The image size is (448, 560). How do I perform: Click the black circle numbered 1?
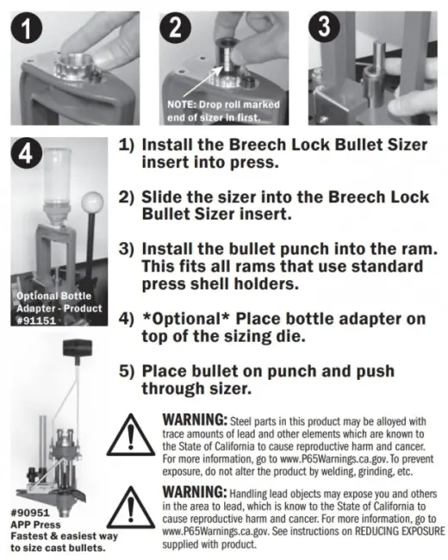[x=27, y=29]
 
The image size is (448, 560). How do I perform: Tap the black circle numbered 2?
[x=175, y=28]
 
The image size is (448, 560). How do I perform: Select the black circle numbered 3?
[x=324, y=28]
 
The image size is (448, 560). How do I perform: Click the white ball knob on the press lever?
[x=92, y=202]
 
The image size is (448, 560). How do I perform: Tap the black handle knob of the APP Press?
[x=78, y=347]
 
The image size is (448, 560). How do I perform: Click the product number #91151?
[x=36, y=320]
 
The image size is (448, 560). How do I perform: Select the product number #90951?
[x=30, y=513]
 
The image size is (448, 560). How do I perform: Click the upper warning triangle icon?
[x=131, y=436]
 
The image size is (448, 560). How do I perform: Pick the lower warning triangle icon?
[x=131, y=508]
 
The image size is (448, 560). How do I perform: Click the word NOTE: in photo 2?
[x=181, y=105]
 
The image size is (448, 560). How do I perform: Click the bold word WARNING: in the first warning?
[x=195, y=420]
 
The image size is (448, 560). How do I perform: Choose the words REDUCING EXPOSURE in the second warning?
[x=399, y=531]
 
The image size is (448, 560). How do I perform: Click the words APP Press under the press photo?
[x=35, y=525]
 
